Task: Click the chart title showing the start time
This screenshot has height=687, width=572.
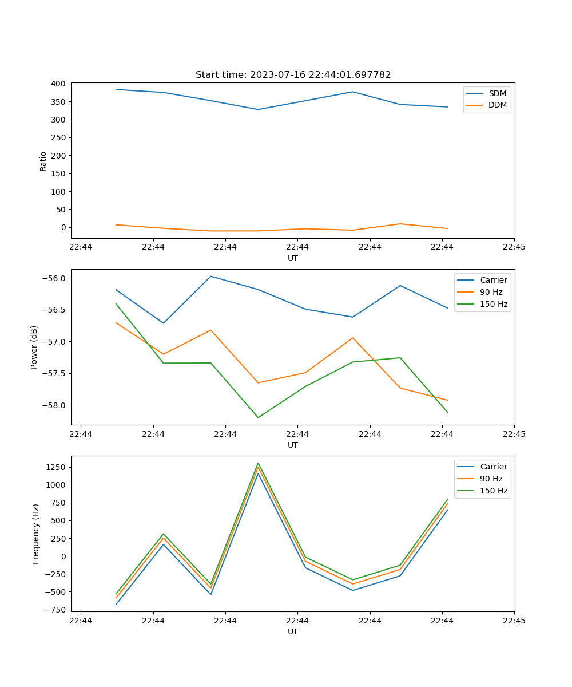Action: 293,75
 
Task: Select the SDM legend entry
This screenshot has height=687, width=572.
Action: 497,93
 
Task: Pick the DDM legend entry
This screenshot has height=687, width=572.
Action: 497,105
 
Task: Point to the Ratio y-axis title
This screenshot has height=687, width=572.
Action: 43,161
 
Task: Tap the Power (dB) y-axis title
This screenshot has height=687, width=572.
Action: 34,347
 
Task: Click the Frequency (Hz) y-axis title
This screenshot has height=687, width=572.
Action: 36,534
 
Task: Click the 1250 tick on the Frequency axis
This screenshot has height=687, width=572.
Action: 55,467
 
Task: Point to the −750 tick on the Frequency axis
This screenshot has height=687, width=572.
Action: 55,610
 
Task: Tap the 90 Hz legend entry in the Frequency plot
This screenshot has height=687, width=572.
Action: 491,479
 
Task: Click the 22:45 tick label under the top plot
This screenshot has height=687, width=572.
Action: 514,247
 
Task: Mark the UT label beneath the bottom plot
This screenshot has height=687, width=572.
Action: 293,631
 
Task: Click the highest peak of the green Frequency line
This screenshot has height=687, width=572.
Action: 258,463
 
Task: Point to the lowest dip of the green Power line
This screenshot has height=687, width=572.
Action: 258,417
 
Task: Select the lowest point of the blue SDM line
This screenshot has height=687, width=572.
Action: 258,109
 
